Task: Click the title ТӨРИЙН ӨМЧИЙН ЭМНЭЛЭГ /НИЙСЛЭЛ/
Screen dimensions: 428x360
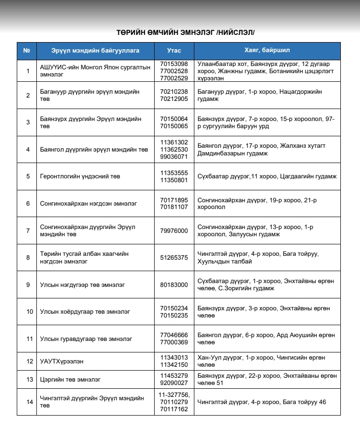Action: click(x=186, y=33)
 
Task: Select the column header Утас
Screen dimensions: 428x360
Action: click(x=174, y=51)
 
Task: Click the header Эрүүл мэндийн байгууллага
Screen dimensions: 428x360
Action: click(x=95, y=51)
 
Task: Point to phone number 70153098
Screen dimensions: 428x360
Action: click(x=174, y=64)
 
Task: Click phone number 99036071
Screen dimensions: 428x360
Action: click(x=174, y=156)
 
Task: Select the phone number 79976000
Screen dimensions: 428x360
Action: click(x=174, y=230)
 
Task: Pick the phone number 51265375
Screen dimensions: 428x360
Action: click(x=174, y=258)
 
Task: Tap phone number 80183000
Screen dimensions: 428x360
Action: click(x=174, y=285)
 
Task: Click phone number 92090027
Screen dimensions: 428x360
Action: click(x=174, y=383)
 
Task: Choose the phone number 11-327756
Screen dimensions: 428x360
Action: click(x=174, y=395)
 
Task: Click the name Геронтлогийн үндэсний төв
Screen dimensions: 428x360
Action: click(x=80, y=176)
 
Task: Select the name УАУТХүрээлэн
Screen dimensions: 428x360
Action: click(x=63, y=362)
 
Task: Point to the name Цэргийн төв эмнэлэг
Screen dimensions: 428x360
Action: click(x=70, y=380)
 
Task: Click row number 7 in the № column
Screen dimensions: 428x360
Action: click(x=28, y=230)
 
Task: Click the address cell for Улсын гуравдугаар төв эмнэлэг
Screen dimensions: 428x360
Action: click(x=266, y=339)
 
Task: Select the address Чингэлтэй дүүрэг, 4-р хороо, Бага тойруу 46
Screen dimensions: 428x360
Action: click(x=261, y=402)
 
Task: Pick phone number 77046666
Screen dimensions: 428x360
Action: click(x=174, y=336)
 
